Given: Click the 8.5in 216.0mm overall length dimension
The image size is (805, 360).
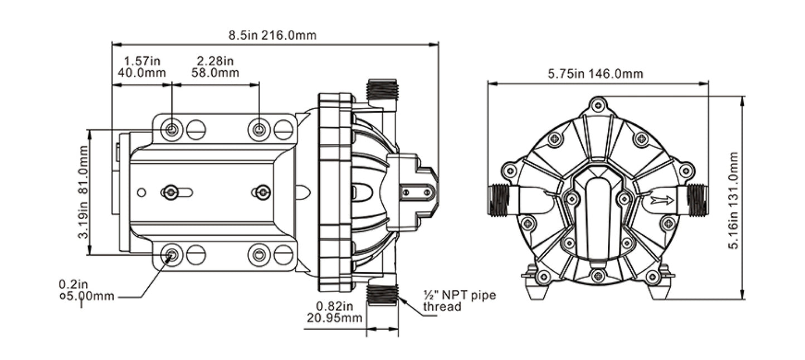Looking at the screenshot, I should [x=272, y=36].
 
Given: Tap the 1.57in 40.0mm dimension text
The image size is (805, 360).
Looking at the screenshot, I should [x=142, y=66].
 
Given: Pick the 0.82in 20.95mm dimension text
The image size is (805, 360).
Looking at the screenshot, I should [x=334, y=312].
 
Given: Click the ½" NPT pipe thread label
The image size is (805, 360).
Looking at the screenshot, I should [x=458, y=300].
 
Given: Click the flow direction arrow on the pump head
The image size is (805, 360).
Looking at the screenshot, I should [x=661, y=200].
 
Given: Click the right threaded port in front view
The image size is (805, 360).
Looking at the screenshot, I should [x=697, y=200].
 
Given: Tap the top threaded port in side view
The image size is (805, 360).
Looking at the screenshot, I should [x=382, y=89].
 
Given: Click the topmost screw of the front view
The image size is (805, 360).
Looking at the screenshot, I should [x=598, y=105].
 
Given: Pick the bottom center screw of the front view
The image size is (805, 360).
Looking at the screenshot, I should [x=598, y=275].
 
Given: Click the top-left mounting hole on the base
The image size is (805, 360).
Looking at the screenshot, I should [x=172, y=130].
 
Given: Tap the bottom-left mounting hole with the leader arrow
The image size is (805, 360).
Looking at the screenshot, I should [x=172, y=255].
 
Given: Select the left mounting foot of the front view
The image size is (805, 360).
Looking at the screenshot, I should [x=535, y=287].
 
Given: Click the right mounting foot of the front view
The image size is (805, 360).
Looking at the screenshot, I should [x=661, y=287].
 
